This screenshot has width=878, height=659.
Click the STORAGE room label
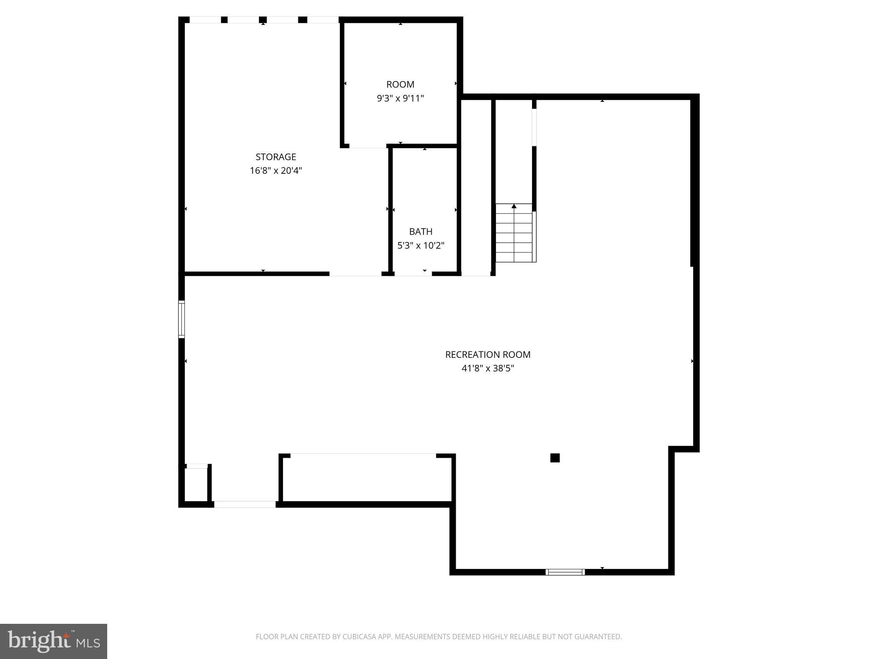click(x=276, y=157)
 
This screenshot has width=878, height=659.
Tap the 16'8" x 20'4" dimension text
click(x=276, y=171)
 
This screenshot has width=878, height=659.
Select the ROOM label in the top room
click(x=400, y=85)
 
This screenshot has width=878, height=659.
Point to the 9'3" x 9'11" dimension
click(x=400, y=98)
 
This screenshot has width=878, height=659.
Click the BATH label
click(x=421, y=232)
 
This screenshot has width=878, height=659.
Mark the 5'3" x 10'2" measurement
click(x=421, y=245)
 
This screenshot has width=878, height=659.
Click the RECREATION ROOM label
click(x=487, y=354)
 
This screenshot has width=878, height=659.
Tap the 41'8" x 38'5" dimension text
click(x=487, y=368)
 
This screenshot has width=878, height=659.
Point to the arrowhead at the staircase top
click(x=514, y=206)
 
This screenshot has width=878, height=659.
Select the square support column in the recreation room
click(x=555, y=458)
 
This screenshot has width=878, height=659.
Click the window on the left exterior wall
click(x=182, y=319)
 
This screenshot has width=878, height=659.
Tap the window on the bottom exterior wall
click(x=565, y=572)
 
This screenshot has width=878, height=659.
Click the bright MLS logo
click(x=54, y=641)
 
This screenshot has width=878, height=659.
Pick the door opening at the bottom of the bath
click(x=413, y=273)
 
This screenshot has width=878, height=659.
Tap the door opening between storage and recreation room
click(x=355, y=273)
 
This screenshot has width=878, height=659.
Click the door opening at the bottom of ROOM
click(x=368, y=146)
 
